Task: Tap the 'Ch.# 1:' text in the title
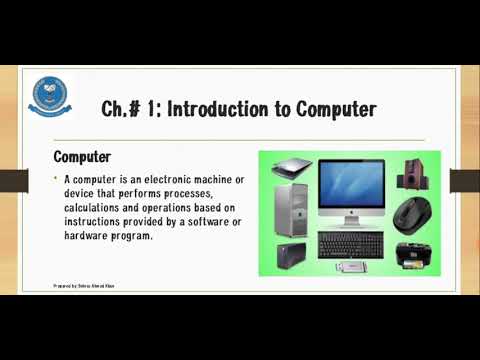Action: point(130,108)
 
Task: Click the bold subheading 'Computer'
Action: point(81,157)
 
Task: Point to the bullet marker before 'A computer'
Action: point(56,178)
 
